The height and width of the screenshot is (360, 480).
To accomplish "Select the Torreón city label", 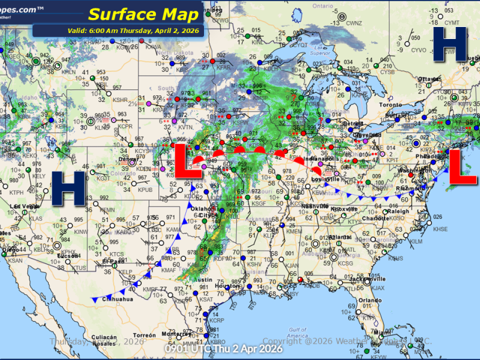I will point(145,334).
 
